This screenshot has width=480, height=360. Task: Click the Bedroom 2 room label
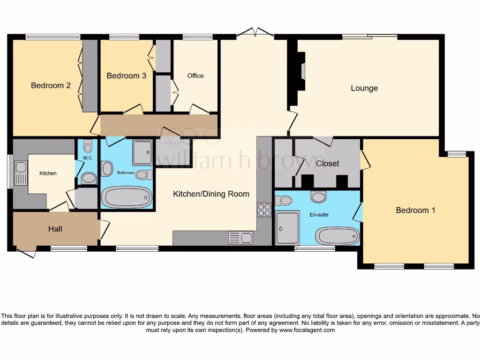[51, 85]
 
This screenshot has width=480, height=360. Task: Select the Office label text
[195, 75]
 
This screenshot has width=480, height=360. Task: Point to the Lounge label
[364, 88]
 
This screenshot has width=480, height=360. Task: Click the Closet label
[328, 163]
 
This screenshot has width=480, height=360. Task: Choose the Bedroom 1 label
[415, 210]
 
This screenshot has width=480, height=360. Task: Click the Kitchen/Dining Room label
[211, 194]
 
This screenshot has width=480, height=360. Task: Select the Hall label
[55, 229]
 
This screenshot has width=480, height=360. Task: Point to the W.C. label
[88, 158]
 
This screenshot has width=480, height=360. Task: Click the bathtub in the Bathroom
[127, 197]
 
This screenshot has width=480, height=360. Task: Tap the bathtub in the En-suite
[337, 236]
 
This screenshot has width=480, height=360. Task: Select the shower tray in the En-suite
[288, 228]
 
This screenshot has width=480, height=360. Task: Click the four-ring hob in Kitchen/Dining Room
[264, 210]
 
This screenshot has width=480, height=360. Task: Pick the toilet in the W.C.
[88, 178]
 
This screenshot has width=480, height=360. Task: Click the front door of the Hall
[26, 253]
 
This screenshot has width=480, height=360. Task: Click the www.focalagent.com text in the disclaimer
[307, 330]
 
